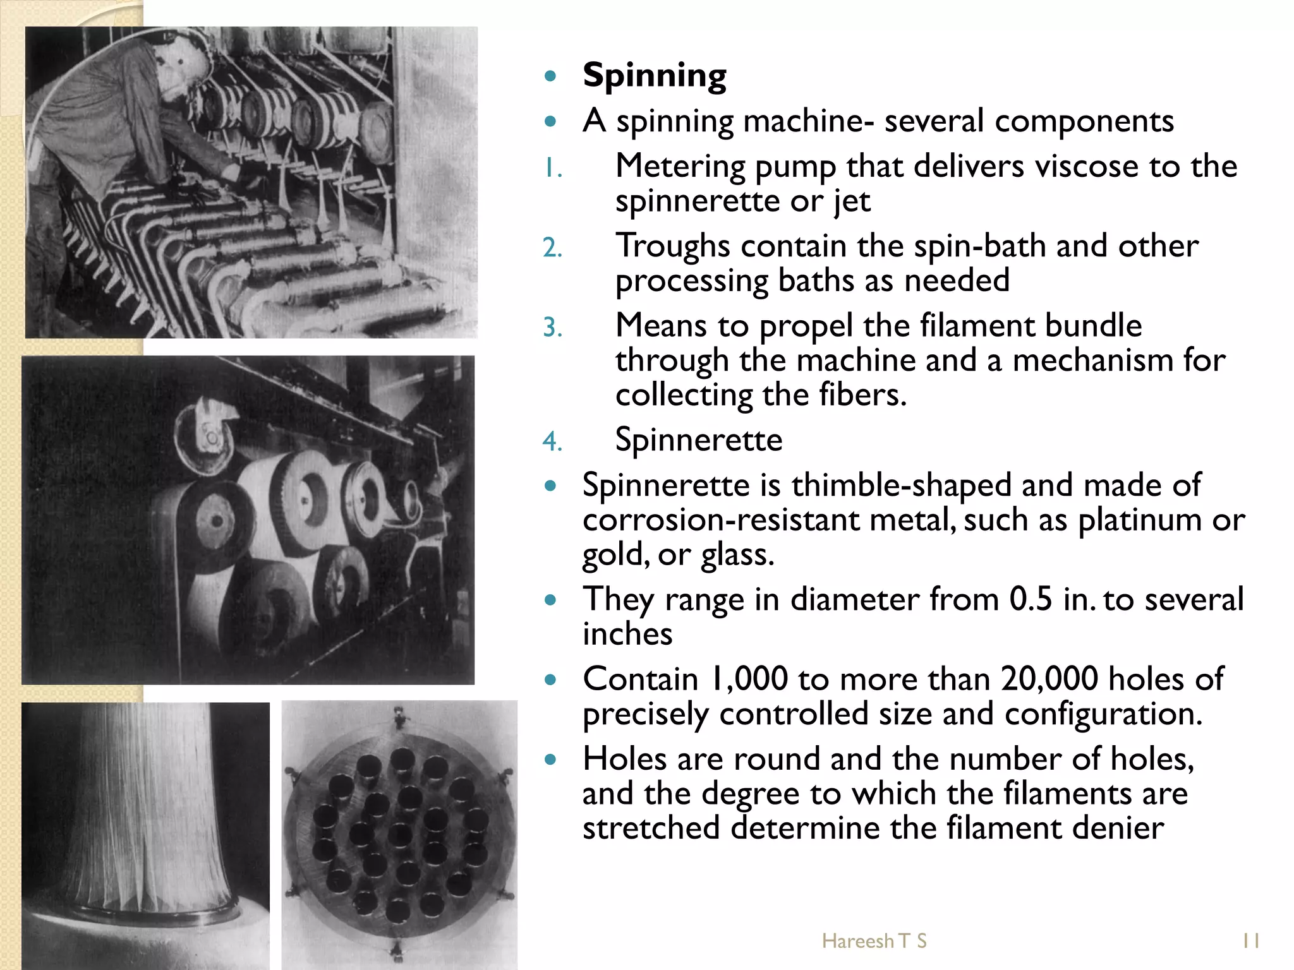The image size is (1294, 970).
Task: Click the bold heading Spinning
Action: [654, 76]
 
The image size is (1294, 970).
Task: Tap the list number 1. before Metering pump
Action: [552, 169]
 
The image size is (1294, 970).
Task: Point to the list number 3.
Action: [552, 328]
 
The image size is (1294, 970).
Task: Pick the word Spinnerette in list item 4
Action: [698, 440]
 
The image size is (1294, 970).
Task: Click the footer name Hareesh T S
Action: [874, 941]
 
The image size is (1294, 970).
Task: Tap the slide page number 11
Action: [1250, 941]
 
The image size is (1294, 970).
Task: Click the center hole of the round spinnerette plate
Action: [399, 835]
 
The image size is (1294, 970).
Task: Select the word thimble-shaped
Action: [901, 486]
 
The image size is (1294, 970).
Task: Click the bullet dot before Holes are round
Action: [551, 760]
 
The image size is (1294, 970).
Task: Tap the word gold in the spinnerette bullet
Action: [607, 555]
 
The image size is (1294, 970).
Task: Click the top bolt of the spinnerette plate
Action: [399, 717]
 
